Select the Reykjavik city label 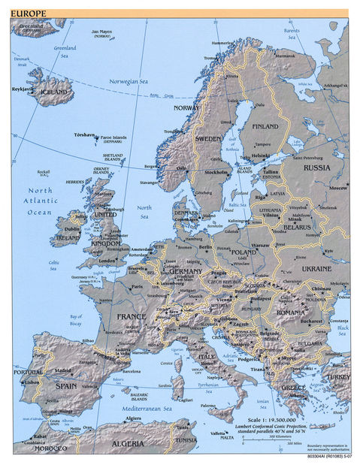pyautogui.click(x=22, y=89)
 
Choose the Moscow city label pyautogui.click(x=338, y=187)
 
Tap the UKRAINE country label pyautogui.click(x=316, y=268)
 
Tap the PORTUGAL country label pyautogui.click(x=28, y=372)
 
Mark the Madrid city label pyautogui.click(x=63, y=370)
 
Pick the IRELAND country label pyautogui.click(x=68, y=237)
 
